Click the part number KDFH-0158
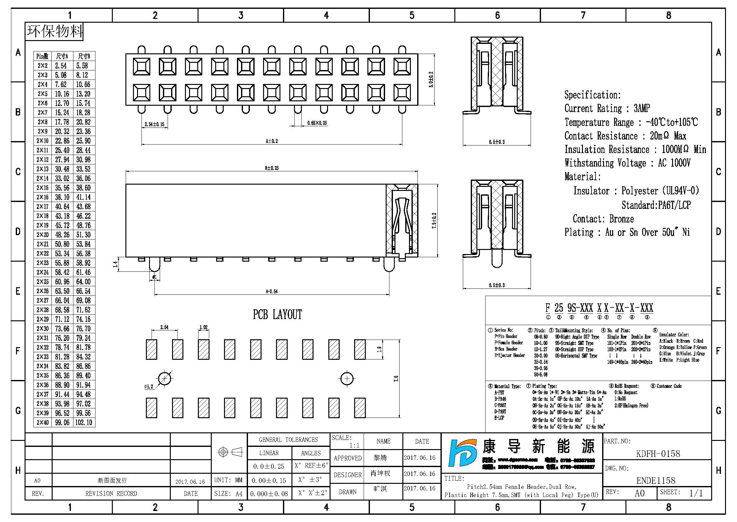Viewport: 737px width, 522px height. (x=658, y=454)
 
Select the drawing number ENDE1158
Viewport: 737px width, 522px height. (x=656, y=481)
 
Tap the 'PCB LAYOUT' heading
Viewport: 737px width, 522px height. (x=277, y=315)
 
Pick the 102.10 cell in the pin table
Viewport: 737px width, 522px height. (x=83, y=422)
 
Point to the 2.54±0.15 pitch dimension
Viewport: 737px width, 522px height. (x=154, y=124)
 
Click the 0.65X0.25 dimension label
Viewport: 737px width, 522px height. (x=317, y=123)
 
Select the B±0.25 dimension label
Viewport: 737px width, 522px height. (x=272, y=168)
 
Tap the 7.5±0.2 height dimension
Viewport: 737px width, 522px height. (x=434, y=221)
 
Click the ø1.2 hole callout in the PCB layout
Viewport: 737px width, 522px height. (x=149, y=387)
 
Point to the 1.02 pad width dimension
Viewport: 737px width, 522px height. (x=204, y=327)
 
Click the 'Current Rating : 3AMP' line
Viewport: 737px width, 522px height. (x=607, y=108)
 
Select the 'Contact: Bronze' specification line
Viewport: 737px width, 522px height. (x=603, y=219)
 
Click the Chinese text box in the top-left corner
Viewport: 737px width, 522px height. (x=54, y=32)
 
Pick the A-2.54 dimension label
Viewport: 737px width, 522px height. (x=272, y=292)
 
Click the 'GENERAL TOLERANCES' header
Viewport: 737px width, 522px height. (x=288, y=440)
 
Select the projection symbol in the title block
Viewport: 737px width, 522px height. (x=230, y=452)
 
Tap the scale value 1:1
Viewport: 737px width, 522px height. (x=354, y=446)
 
